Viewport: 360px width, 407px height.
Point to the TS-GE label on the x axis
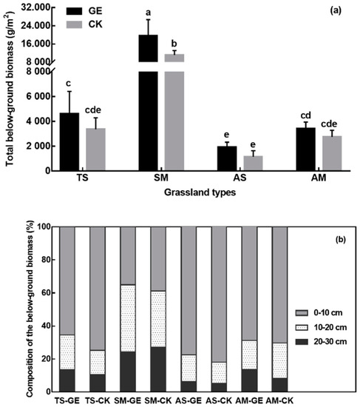68,400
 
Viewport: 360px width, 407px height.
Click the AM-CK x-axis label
282,400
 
